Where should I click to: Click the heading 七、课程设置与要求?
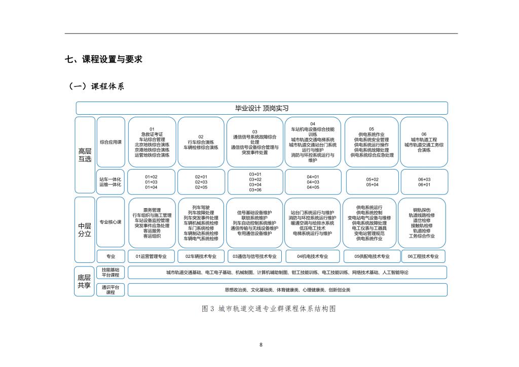coord(103,59)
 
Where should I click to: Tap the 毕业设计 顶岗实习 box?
coord(262,108)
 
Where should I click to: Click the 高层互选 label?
coord(85,155)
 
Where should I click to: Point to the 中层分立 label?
coord(85,229)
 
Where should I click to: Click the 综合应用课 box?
coord(110,142)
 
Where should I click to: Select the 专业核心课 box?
coord(110,222)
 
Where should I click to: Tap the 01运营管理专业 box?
coord(151,256)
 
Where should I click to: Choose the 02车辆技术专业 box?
coord(201,256)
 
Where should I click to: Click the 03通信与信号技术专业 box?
coord(254,256)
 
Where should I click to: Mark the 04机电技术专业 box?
coord(313,256)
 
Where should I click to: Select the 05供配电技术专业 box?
coord(372,256)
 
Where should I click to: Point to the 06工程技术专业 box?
coord(424,256)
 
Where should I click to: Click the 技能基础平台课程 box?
coord(110,273)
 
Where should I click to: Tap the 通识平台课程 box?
coord(110,290)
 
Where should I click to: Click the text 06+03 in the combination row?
coord(424,179)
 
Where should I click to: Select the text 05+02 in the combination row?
coord(372,179)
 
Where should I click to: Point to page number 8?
coord(261,345)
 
